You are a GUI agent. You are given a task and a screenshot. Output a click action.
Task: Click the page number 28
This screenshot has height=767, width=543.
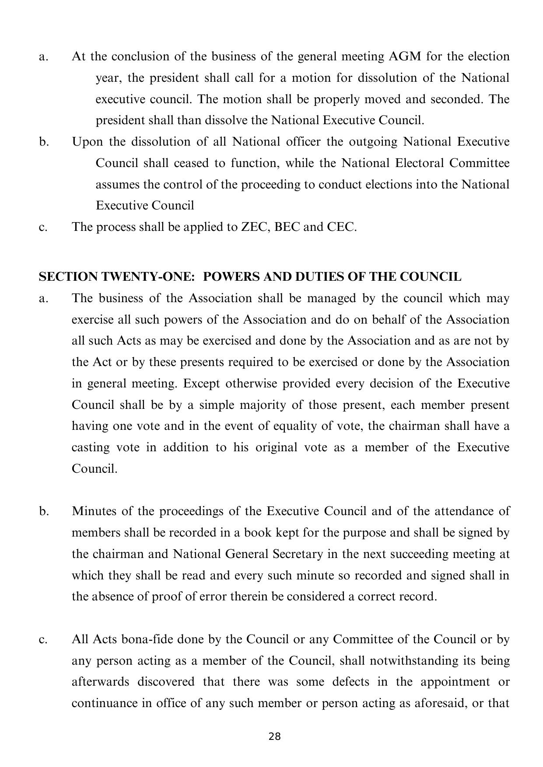274,736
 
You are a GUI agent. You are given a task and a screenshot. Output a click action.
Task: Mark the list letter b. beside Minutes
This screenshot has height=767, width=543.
43,512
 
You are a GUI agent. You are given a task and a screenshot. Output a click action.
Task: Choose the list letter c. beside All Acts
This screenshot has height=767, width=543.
43,640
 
